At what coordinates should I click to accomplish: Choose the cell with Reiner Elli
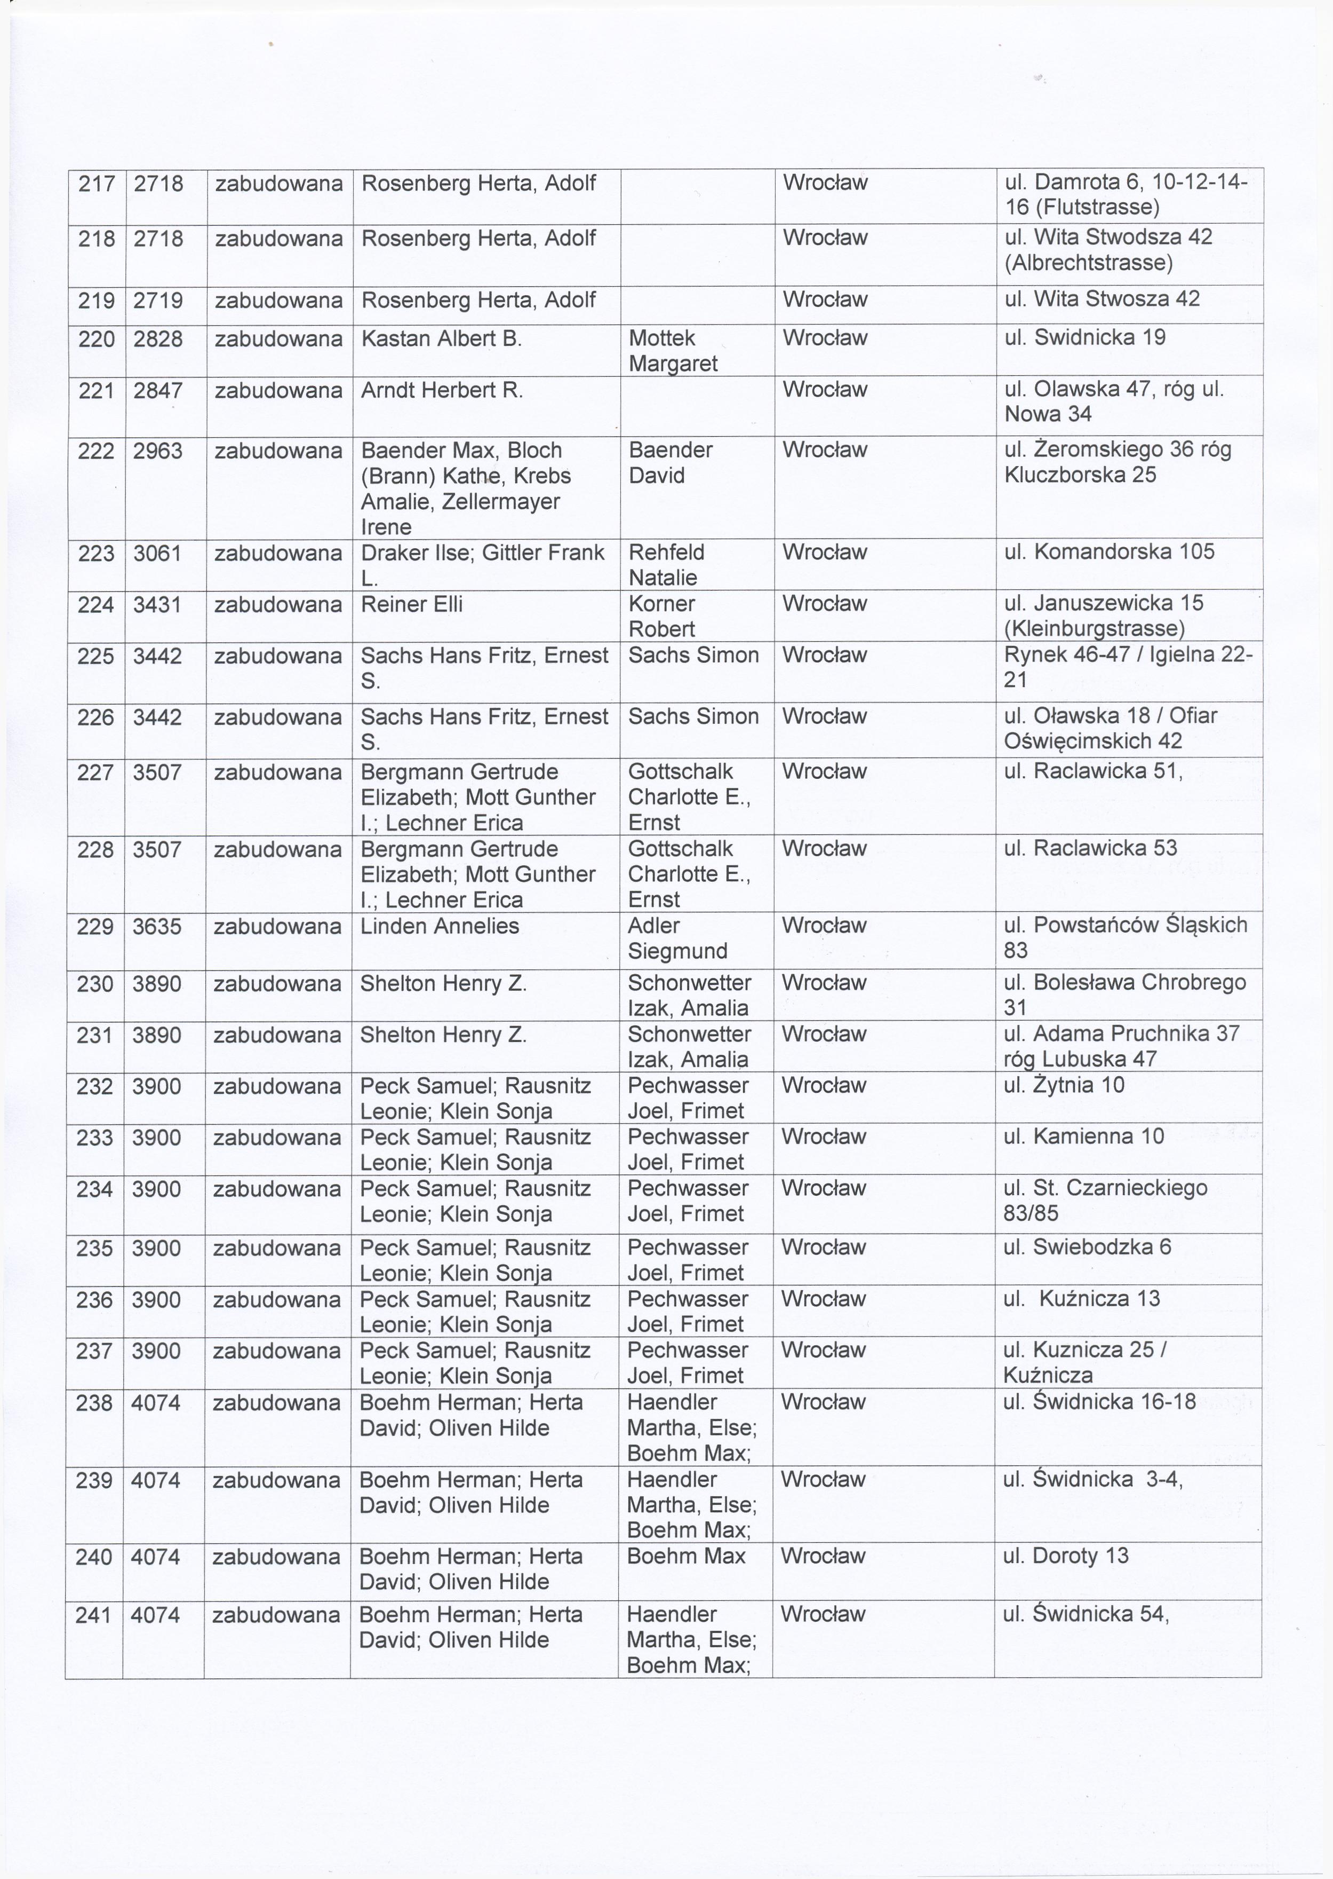(411, 604)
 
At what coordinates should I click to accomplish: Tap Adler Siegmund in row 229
(677, 938)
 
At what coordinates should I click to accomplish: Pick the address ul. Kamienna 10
(1083, 1136)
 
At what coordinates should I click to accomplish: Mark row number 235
(94, 1248)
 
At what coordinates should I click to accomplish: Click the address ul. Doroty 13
(1065, 1556)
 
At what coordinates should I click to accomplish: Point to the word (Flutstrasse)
(1082, 207)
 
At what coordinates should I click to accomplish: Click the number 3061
(157, 552)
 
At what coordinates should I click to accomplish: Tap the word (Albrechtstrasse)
(1088, 263)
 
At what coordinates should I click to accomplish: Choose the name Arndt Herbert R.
(442, 390)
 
